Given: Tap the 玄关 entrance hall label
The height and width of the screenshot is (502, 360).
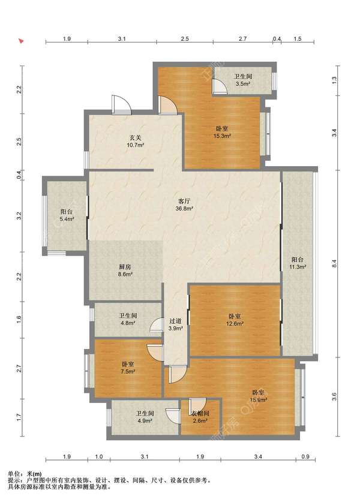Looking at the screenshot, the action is (x=135, y=138).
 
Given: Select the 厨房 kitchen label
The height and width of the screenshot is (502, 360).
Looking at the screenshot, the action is (x=125, y=267).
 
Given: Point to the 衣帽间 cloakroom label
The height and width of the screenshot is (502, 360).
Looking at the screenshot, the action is (x=200, y=414).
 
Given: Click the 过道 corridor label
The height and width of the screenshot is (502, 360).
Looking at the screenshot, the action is (x=176, y=321).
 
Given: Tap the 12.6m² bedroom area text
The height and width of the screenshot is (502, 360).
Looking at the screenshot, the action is (x=235, y=323).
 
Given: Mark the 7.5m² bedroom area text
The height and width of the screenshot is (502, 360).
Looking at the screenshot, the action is (x=128, y=371).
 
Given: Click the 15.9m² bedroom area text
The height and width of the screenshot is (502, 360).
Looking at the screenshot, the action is (x=259, y=399).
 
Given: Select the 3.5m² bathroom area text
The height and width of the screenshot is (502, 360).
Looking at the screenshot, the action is (x=243, y=84).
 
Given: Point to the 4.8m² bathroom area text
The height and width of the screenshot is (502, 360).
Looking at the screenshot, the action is (x=127, y=323).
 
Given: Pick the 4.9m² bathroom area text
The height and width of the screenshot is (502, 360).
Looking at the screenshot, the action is (x=145, y=420).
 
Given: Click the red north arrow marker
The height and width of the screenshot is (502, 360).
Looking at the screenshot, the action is (x=21, y=41).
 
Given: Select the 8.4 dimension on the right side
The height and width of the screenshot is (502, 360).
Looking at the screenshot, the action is (x=334, y=264).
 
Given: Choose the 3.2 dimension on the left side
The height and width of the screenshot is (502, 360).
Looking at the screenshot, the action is (x=19, y=216).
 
